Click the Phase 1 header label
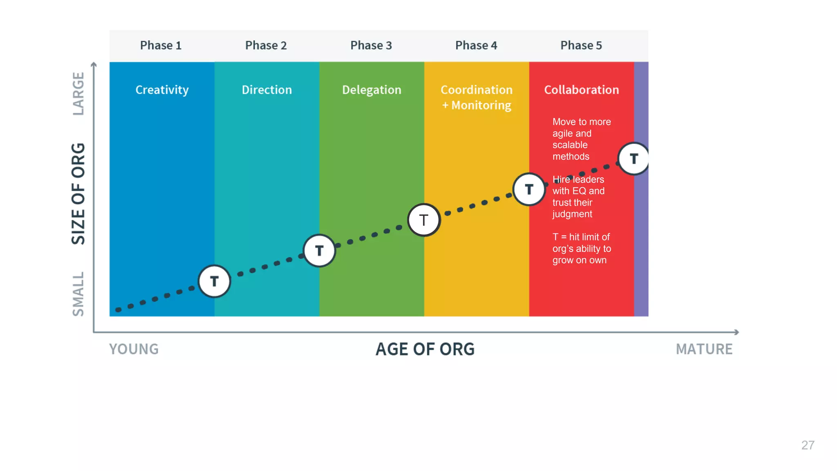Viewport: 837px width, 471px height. (x=161, y=45)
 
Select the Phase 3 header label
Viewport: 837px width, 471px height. (x=371, y=45)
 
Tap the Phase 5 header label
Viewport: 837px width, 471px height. (x=581, y=45)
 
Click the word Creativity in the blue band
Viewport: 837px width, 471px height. (x=162, y=90)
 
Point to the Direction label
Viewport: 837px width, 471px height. (x=267, y=90)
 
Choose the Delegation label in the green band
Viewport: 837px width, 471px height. (x=372, y=90)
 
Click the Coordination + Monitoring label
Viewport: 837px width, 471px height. (x=477, y=98)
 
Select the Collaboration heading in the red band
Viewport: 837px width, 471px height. (x=582, y=90)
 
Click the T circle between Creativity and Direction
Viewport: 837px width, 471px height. (x=215, y=281)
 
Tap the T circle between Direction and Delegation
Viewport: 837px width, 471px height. (x=319, y=251)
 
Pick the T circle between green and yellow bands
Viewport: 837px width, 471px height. (x=424, y=220)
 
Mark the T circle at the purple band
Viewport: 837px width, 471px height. (x=634, y=159)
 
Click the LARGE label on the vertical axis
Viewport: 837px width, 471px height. (x=78, y=94)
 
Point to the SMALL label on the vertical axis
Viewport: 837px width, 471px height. (x=78, y=294)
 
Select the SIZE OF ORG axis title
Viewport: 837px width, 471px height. (x=78, y=194)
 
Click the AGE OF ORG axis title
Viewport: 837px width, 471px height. (x=425, y=349)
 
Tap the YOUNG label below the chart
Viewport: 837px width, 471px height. (x=134, y=349)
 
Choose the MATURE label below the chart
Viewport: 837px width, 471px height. (x=704, y=349)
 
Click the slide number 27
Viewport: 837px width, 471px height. (x=808, y=445)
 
